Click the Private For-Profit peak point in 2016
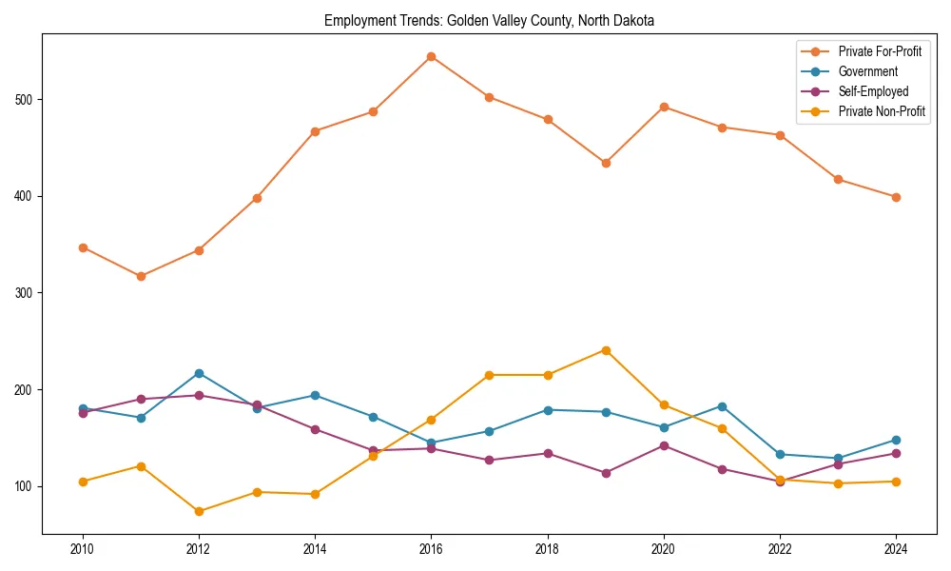(431, 56)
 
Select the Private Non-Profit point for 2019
(606, 350)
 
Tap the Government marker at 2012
(199, 373)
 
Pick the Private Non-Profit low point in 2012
(199, 511)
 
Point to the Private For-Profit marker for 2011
(141, 276)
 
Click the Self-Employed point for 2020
(664, 445)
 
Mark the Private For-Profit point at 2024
(896, 197)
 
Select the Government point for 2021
(722, 406)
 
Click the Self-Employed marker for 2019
(606, 473)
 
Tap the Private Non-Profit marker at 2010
(83, 482)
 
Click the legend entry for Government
(867, 71)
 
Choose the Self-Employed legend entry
(873, 91)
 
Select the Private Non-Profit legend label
(882, 111)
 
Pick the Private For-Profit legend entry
(880, 51)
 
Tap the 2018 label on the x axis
(548, 549)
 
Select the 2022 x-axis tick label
(780, 549)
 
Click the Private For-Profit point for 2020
(664, 107)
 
